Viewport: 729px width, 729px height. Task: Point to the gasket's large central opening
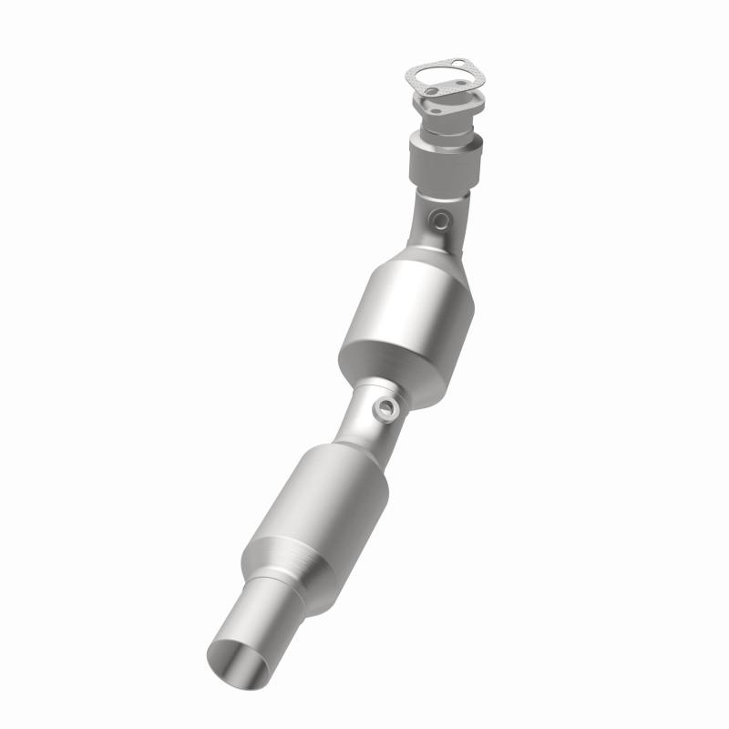[444, 77]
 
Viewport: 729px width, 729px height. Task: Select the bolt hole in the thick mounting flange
[436, 111]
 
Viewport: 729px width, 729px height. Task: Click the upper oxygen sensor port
[440, 220]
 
